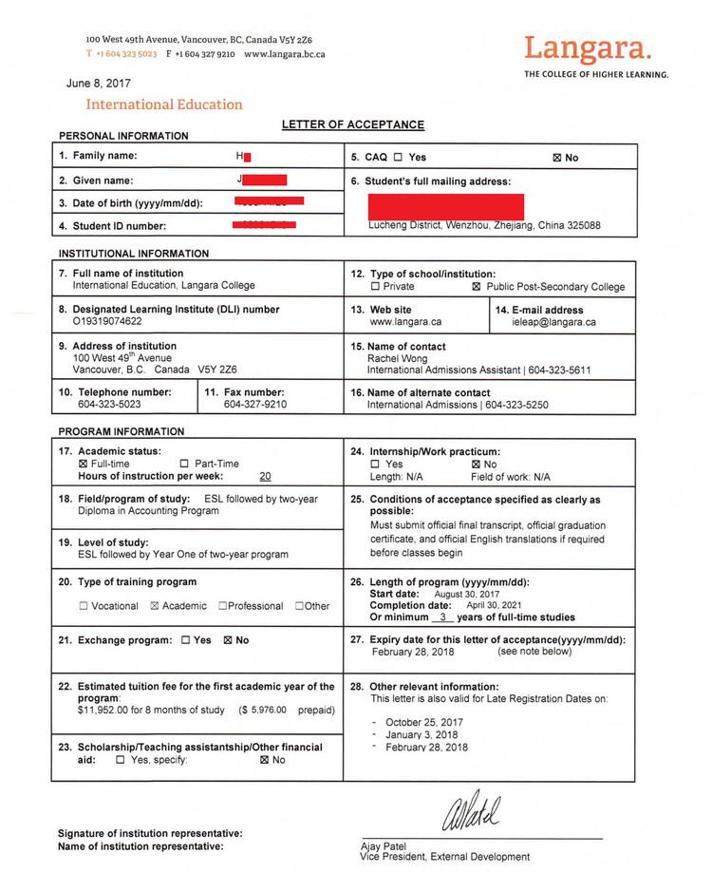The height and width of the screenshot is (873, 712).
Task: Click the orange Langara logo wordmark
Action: [x=589, y=47]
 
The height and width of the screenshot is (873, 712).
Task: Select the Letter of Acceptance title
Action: [x=353, y=125]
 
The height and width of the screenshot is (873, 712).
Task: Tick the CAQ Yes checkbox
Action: [x=398, y=158]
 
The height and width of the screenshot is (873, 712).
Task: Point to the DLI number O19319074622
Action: [x=107, y=322]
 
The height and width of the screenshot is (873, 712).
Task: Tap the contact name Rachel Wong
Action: [x=397, y=359]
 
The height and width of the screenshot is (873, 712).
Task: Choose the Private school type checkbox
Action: [x=376, y=287]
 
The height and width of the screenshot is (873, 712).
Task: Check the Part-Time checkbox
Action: [x=185, y=464]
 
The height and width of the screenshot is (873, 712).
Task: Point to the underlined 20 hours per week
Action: [x=265, y=477]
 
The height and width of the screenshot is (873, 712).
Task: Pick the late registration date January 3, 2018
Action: [x=422, y=734]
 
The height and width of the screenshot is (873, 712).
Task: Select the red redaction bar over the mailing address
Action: [x=445, y=206]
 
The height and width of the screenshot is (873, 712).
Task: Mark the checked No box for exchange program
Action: [x=227, y=640]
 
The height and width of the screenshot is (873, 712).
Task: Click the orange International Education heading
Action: [x=164, y=104]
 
